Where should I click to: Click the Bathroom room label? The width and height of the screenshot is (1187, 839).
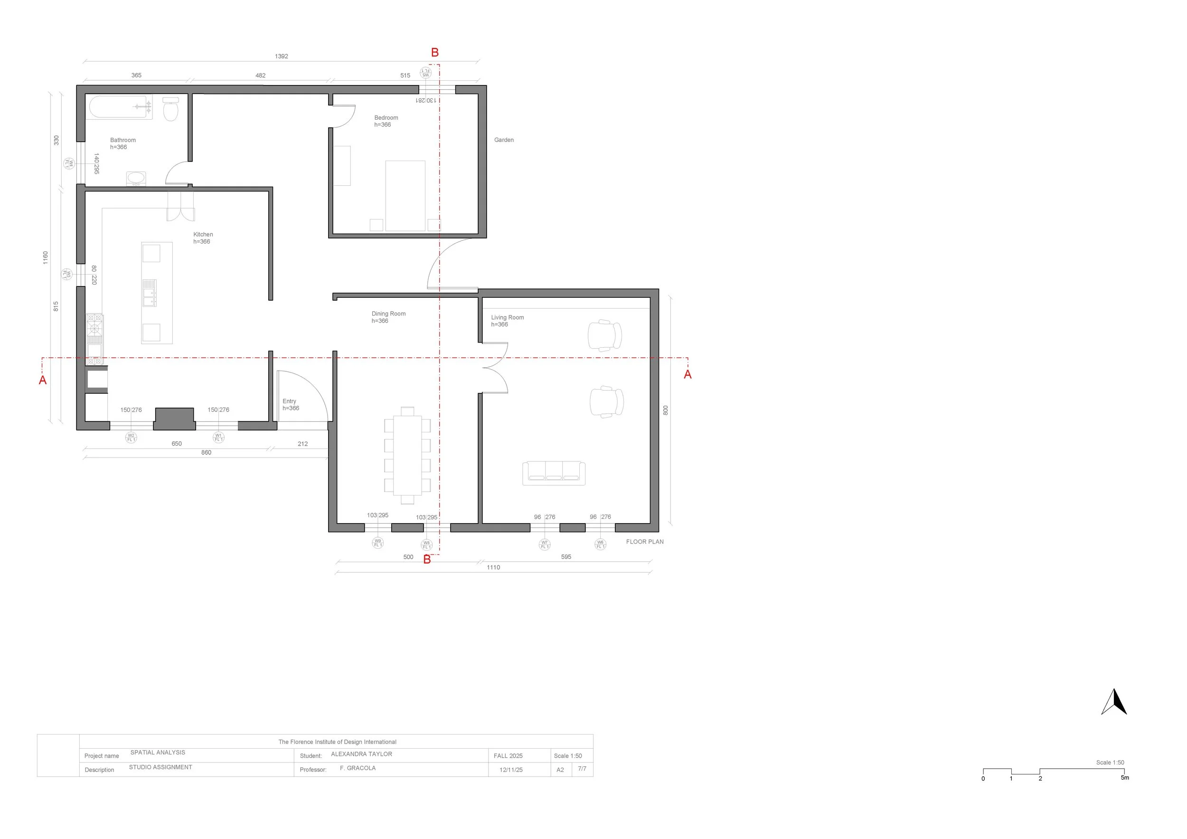click(x=122, y=140)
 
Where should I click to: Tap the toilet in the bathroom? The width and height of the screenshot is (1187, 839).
click(x=170, y=109)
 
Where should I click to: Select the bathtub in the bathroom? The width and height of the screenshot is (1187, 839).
click(x=120, y=107)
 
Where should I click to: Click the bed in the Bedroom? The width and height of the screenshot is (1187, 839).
click(x=405, y=196)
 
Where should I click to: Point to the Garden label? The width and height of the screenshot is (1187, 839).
click(x=504, y=140)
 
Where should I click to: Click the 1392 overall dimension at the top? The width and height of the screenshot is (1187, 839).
click(x=281, y=57)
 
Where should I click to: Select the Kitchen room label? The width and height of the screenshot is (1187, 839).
click(x=203, y=235)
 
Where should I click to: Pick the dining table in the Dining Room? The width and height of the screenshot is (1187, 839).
click(x=407, y=455)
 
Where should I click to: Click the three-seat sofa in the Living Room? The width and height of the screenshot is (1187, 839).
click(x=554, y=473)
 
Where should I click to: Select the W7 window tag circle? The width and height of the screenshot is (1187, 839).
click(x=545, y=544)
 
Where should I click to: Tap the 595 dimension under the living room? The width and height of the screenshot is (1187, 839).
click(x=566, y=557)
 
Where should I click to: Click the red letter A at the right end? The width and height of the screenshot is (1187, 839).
click(x=688, y=374)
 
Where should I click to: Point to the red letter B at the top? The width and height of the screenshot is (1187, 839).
click(x=435, y=53)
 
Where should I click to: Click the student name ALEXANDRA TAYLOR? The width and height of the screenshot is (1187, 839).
click(x=361, y=754)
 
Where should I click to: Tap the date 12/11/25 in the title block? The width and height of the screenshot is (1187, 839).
click(x=511, y=770)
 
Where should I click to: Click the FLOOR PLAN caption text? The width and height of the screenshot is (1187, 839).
click(x=645, y=542)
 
